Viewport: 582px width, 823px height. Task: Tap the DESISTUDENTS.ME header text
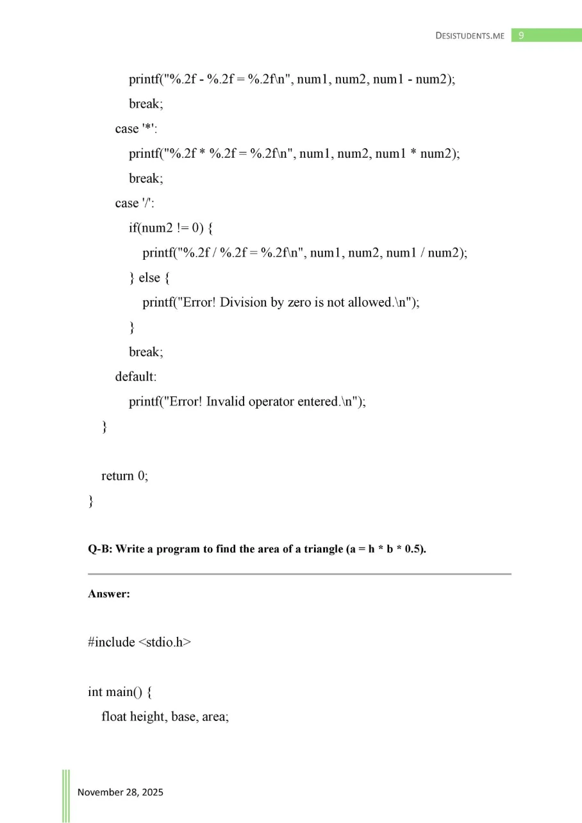[x=470, y=36]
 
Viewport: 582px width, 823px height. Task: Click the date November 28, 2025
[x=121, y=792]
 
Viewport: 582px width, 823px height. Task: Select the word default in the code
[x=135, y=377]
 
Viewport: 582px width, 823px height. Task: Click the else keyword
[x=149, y=278]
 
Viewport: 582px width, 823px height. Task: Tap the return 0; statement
[x=124, y=476]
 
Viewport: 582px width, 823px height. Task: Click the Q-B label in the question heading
[x=99, y=550]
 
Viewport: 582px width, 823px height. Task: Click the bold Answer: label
[x=109, y=594]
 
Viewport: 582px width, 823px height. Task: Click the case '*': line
[x=136, y=129]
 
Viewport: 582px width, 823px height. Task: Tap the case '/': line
[x=135, y=203]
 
